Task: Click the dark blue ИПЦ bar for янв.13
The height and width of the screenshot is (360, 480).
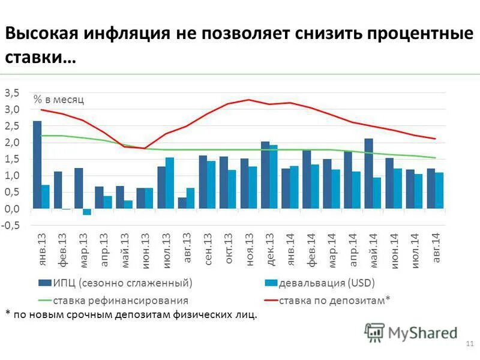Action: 37,164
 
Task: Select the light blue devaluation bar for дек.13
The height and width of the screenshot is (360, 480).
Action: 273,176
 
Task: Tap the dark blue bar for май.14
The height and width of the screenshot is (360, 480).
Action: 368,173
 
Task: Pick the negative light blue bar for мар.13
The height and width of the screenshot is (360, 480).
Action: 87,212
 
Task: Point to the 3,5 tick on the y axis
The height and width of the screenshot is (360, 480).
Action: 12,92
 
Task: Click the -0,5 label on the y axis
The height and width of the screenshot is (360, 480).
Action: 11,225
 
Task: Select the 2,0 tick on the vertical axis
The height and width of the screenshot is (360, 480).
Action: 12,142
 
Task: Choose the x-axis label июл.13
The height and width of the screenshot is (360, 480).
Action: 168,251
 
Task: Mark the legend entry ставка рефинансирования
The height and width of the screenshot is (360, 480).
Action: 121,300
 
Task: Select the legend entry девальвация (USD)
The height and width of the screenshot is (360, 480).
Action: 327,282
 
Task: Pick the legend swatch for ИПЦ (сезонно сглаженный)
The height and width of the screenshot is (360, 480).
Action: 44,283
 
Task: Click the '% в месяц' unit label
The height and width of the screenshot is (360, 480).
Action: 59,100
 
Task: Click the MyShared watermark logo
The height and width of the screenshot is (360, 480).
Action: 412,332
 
